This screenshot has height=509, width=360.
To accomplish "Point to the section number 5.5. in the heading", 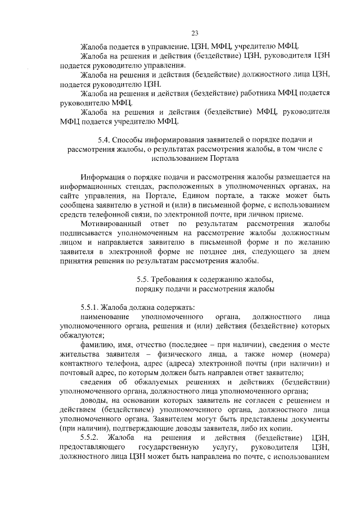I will [x=144, y=280].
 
